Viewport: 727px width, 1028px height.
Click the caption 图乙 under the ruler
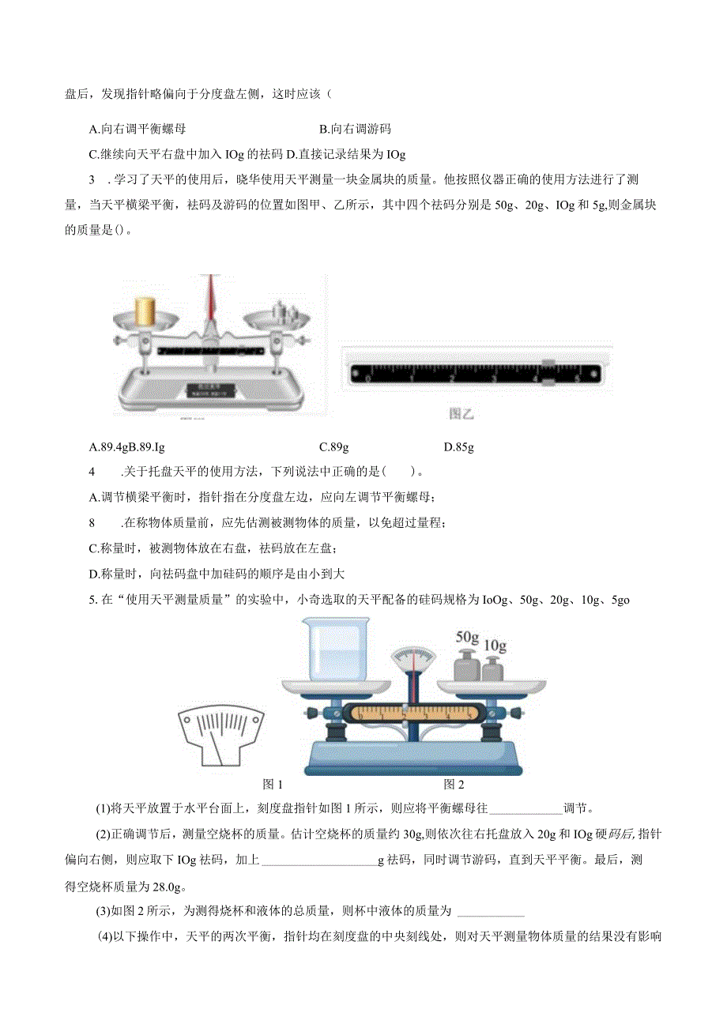(461, 412)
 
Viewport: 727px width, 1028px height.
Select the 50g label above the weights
(468, 636)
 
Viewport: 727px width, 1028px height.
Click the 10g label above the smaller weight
(495, 646)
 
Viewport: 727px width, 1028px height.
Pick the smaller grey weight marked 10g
(493, 671)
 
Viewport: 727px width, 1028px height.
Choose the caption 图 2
(454, 784)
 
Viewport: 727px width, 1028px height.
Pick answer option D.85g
(458, 447)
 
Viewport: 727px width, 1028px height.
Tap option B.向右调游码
(355, 129)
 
